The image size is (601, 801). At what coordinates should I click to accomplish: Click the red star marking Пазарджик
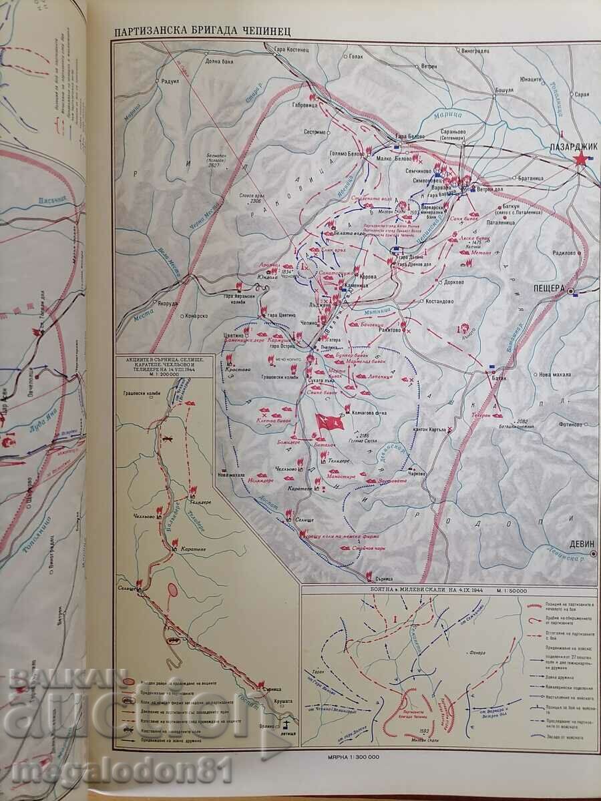pyautogui.click(x=581, y=158)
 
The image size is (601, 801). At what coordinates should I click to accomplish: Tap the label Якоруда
pyautogui.click(x=164, y=301)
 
